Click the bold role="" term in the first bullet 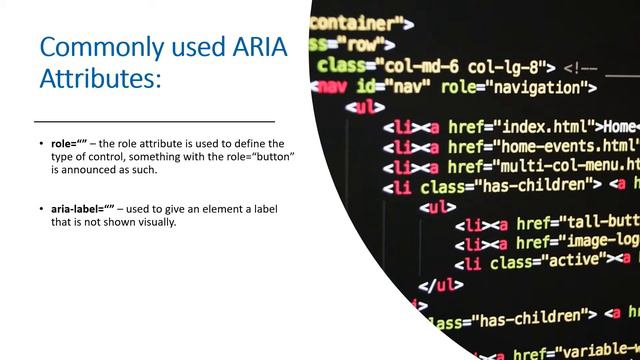tap(68, 144)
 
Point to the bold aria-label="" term tap(83, 207)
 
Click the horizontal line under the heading tap(154, 119)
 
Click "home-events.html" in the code tap(560, 146)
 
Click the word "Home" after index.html tap(620, 127)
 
